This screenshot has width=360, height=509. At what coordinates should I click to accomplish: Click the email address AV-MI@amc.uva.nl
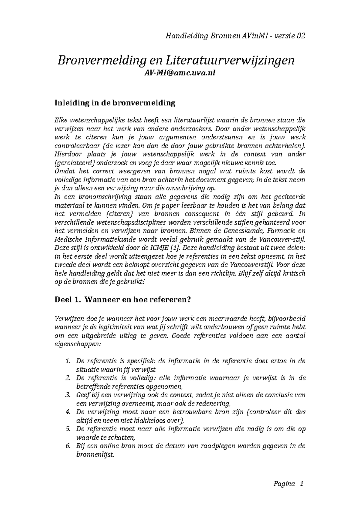point(180,73)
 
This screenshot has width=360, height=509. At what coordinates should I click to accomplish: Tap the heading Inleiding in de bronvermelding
point(115,103)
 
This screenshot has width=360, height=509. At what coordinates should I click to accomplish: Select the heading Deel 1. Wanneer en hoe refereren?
point(122,300)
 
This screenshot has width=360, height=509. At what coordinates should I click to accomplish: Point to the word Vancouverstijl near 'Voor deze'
point(252,265)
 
